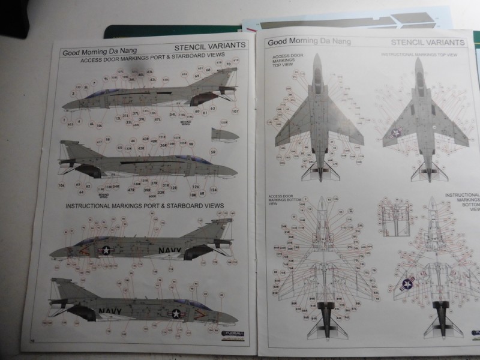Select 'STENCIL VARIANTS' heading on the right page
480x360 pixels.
[x=427, y=43]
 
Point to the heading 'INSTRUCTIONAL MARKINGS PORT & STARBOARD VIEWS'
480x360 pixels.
[x=144, y=206]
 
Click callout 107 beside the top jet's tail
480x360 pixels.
[x=235, y=112]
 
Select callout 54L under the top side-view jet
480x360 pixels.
[x=172, y=114]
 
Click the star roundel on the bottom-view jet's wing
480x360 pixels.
[x=408, y=284]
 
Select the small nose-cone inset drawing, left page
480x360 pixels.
[x=224, y=136]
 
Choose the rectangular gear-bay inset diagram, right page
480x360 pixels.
[x=394, y=213]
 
